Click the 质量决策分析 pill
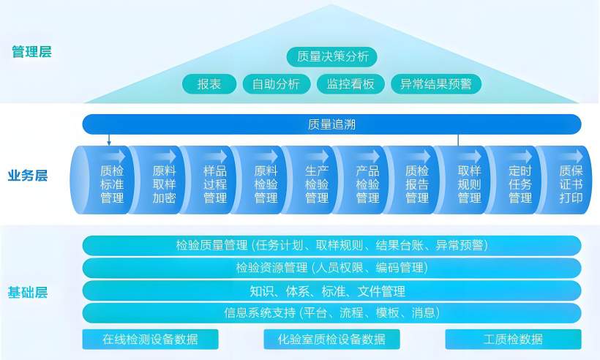pos(331,56)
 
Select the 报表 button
pos(209,84)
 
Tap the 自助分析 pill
pos(277,84)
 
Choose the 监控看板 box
pos(350,84)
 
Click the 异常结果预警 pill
pos(436,84)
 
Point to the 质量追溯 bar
pos(331,124)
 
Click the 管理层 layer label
pos(31,52)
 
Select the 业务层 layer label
pos(28,176)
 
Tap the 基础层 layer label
pos(28,293)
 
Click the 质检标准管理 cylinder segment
pos(102,180)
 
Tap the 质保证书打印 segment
pos(565,180)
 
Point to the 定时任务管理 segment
pos(514,180)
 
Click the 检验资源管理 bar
pos(331,268)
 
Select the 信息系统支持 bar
pos(331,313)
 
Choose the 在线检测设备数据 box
pos(151,340)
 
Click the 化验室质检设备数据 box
pos(331,340)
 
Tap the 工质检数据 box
pos(513,340)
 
